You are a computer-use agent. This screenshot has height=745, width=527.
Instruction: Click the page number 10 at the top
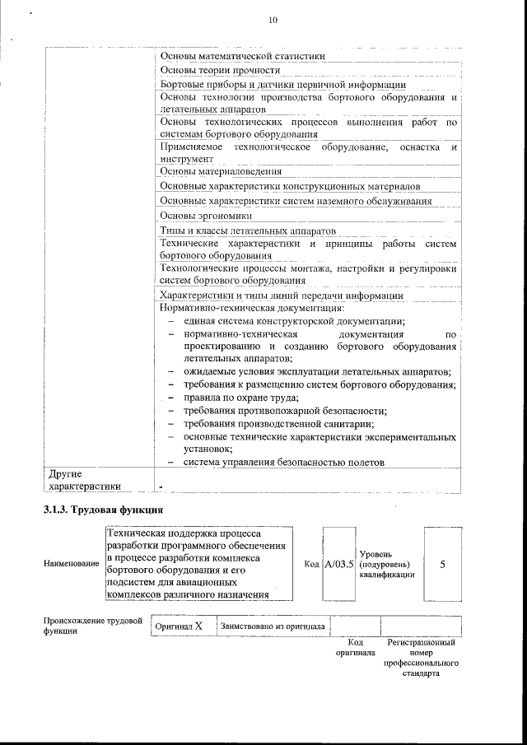(273, 21)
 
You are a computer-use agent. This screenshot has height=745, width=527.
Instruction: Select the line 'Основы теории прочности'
(214, 70)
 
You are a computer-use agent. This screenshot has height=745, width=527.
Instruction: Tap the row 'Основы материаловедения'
(221, 171)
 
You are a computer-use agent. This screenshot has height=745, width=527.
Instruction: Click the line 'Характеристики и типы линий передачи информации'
(281, 295)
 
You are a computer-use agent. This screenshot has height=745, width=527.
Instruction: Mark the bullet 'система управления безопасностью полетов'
(284, 462)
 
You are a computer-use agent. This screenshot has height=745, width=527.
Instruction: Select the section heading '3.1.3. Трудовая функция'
(103, 510)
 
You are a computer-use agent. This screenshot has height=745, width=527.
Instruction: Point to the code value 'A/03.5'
(338, 564)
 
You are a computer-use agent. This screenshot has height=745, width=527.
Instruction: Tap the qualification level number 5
(443, 564)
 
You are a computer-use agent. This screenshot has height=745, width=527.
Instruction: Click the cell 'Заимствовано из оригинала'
(273, 626)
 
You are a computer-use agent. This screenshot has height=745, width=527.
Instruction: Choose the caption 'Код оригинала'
(355, 647)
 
